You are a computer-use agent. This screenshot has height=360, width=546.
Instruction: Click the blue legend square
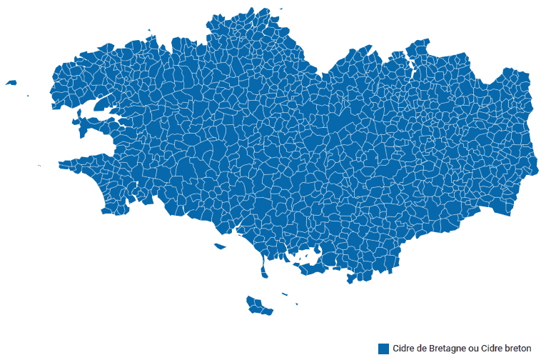384,349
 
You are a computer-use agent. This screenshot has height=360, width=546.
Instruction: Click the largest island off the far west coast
11,83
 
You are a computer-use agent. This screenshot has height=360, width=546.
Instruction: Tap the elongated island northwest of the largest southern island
220,247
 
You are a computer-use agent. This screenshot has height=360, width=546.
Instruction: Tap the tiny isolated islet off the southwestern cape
39,166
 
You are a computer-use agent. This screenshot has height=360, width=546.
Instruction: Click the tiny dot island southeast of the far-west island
28,96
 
